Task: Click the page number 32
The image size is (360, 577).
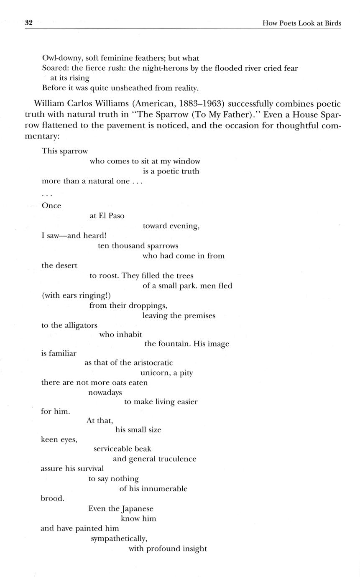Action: point(29,23)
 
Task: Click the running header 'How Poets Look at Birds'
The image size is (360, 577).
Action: point(301,23)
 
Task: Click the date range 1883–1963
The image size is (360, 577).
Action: point(202,104)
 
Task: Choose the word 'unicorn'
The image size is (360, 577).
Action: point(155,373)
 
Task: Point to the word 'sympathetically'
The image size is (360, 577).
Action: point(119,539)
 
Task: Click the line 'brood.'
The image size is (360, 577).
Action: point(52,498)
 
